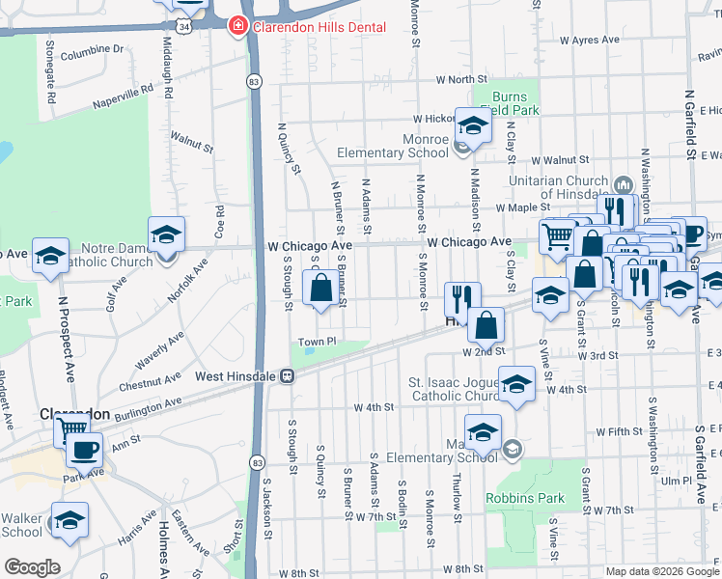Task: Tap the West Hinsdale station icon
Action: tap(287, 376)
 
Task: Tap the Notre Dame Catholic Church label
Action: tap(104, 255)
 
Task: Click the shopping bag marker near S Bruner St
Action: tap(320, 287)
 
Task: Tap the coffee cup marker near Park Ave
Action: tap(85, 448)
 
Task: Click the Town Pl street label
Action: tap(316, 342)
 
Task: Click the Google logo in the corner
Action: tap(32, 567)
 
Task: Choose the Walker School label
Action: tap(21, 525)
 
